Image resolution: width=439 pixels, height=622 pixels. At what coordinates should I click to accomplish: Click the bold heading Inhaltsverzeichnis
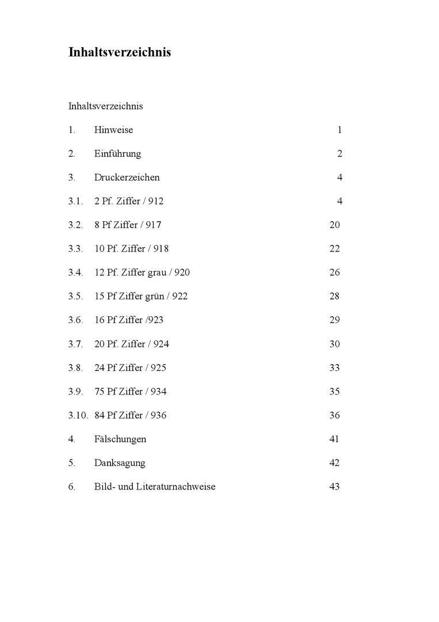tap(120, 52)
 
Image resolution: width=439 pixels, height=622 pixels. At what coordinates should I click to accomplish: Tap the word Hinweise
tap(113, 130)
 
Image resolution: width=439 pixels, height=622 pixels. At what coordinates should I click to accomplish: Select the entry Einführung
tap(117, 154)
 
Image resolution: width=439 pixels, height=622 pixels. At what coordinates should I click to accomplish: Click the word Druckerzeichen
tap(127, 177)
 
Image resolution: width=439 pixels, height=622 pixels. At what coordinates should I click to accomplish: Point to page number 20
tap(334, 225)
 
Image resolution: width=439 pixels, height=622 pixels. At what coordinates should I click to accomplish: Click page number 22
tap(334, 249)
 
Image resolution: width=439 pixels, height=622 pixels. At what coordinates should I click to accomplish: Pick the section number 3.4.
tap(75, 272)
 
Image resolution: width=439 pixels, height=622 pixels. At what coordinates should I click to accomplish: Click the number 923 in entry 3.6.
tap(155, 320)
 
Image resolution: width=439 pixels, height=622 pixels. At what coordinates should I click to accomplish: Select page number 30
tap(334, 344)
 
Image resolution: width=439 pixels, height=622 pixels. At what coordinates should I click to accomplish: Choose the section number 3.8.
tap(75, 367)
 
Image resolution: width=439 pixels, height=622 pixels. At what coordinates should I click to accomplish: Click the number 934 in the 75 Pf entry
tap(159, 392)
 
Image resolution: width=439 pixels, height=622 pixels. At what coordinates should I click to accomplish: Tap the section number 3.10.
tap(78, 415)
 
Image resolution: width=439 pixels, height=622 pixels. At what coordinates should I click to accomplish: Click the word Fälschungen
tap(120, 439)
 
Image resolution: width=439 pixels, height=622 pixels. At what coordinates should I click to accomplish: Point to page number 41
tap(334, 439)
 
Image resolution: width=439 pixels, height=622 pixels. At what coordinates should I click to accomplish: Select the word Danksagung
tap(120, 463)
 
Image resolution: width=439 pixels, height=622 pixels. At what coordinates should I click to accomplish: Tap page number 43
tap(334, 487)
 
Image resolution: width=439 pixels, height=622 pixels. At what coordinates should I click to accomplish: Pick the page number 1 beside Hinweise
tap(339, 130)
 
